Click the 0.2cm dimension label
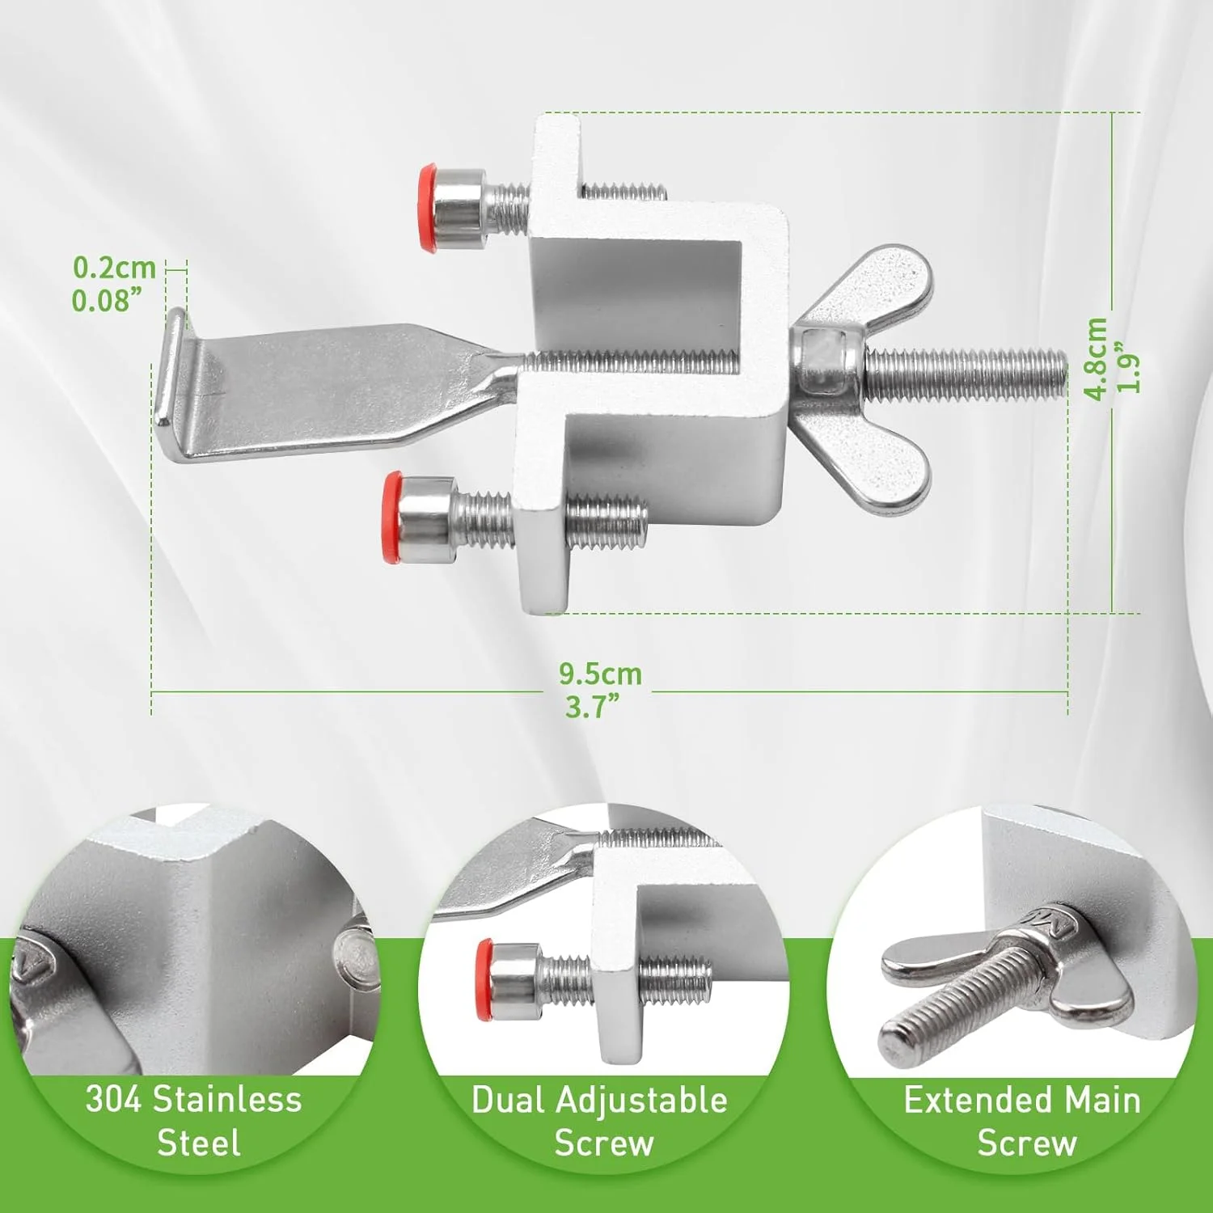pos(114,267)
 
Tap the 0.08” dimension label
pos(108,301)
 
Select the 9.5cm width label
pos(600,674)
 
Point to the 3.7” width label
pos(593,707)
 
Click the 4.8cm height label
pos(1096,358)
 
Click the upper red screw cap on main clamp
pos(427,209)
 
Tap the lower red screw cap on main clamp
pos(392,517)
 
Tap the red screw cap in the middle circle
pos(484,979)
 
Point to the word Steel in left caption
pos(198,1143)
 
